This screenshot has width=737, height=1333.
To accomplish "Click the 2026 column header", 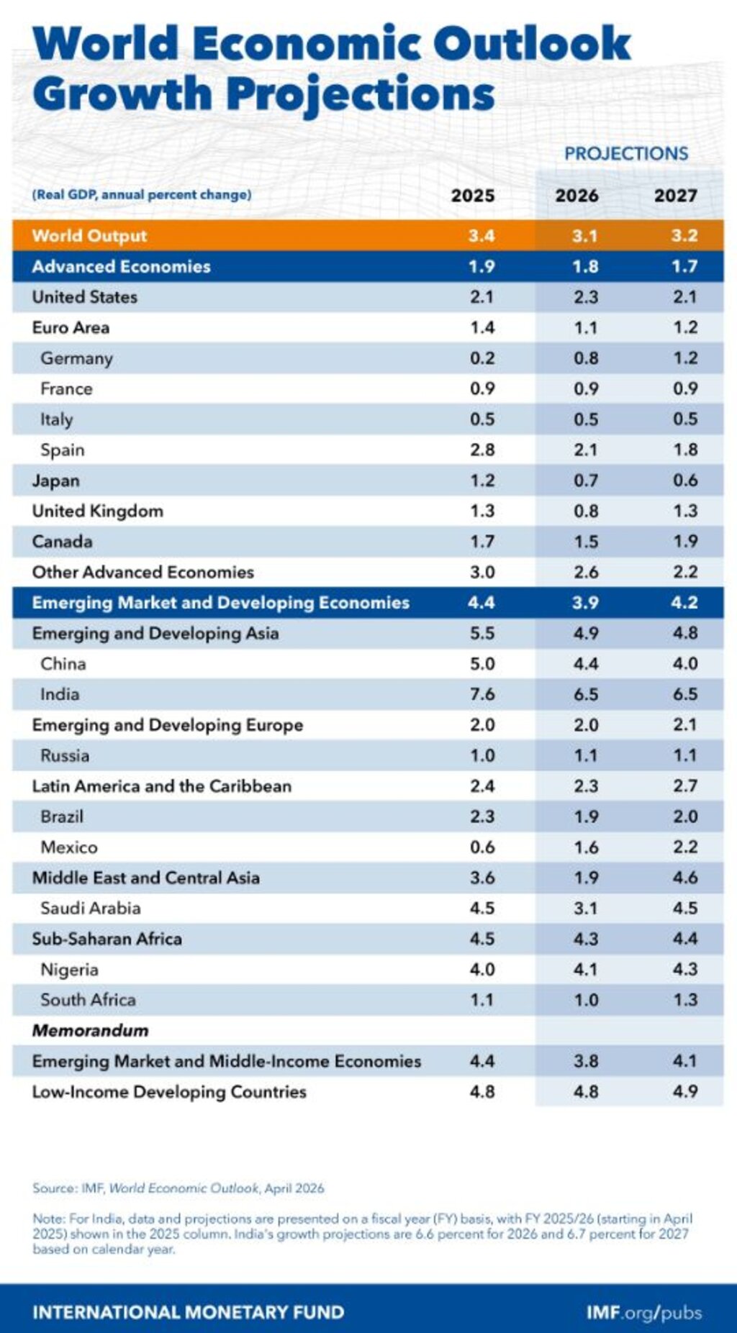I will [x=577, y=196].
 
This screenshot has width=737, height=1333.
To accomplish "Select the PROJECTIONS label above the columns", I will [x=625, y=153].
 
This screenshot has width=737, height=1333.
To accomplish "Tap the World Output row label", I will [x=89, y=236].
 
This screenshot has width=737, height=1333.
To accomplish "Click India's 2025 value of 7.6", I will [x=481, y=694].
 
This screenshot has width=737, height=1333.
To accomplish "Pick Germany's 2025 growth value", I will [x=481, y=358].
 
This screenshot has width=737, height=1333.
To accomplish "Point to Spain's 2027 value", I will [x=684, y=450].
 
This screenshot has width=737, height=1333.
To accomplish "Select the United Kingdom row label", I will [x=97, y=511].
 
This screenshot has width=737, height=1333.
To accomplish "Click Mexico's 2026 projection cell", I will [x=585, y=847].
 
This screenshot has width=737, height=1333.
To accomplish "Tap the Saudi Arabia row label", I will [x=90, y=908].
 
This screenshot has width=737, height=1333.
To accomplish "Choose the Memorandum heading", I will [x=90, y=1030].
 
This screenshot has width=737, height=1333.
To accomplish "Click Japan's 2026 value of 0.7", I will [x=585, y=481].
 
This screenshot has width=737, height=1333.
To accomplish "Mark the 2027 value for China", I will [x=684, y=663].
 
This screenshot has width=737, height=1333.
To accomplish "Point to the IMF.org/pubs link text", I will [x=643, y=1312].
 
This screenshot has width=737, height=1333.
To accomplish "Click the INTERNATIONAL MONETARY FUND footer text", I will [x=188, y=1312].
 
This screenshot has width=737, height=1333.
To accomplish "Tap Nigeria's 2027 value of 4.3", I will [x=684, y=969].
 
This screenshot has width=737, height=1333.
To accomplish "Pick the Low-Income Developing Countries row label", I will [x=169, y=1091].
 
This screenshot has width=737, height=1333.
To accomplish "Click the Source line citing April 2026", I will [x=178, y=1188].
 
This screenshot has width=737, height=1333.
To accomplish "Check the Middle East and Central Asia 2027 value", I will [x=684, y=878].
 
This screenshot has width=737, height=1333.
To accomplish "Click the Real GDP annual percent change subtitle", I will [x=141, y=195].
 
